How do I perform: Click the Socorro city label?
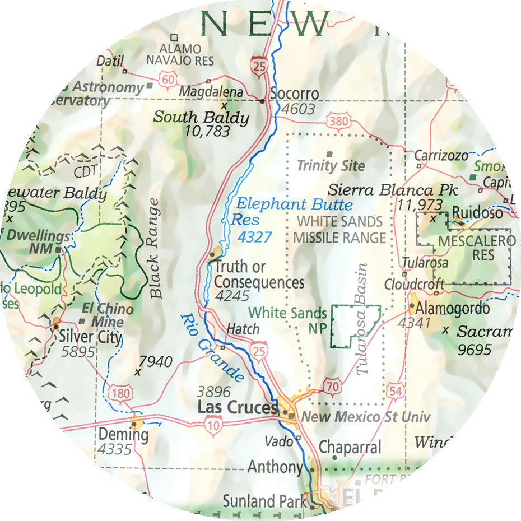[294, 94]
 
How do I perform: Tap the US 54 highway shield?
[396, 390]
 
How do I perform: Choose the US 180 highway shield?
[120, 392]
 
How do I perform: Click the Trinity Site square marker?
[329, 153]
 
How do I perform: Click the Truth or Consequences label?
[259, 275]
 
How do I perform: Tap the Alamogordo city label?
[454, 309]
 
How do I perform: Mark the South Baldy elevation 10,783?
[207, 132]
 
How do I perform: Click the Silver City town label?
[90, 337]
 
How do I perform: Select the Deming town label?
[123, 434]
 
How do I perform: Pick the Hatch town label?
[243, 329]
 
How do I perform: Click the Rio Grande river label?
[212, 348]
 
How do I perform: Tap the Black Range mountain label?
[156, 247]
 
